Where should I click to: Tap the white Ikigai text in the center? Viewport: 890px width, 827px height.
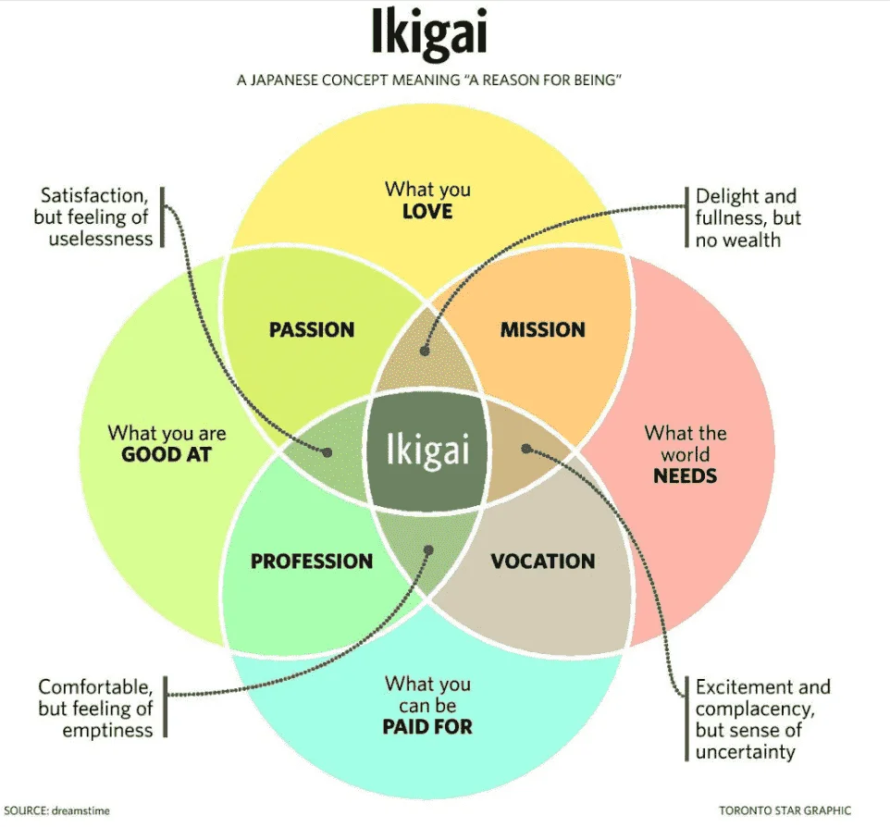coord(428,451)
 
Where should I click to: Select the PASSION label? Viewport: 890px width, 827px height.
coord(312,329)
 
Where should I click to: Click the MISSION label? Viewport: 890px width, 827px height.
coord(543,329)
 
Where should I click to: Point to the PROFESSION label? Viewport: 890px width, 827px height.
coord(312,562)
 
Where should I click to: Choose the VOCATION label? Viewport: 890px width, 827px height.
coord(543,562)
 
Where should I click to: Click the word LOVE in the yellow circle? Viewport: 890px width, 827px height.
coord(427,212)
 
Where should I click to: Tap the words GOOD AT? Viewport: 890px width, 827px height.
coord(167,454)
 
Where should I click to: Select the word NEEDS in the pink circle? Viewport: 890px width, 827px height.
coord(686,475)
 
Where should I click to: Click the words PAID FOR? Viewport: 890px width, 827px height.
coord(427,726)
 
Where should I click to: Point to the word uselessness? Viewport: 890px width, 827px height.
coord(101,239)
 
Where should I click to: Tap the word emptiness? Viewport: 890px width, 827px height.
coord(108,731)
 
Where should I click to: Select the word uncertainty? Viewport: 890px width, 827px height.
coord(746,752)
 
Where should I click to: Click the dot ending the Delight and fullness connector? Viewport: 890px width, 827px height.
coord(425,351)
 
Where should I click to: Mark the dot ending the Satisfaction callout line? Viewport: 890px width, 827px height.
coord(327,452)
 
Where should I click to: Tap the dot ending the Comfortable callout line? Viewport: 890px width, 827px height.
coord(428,550)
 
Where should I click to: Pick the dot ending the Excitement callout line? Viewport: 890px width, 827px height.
coord(526,449)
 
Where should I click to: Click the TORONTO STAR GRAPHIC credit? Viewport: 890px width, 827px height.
coord(785,810)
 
